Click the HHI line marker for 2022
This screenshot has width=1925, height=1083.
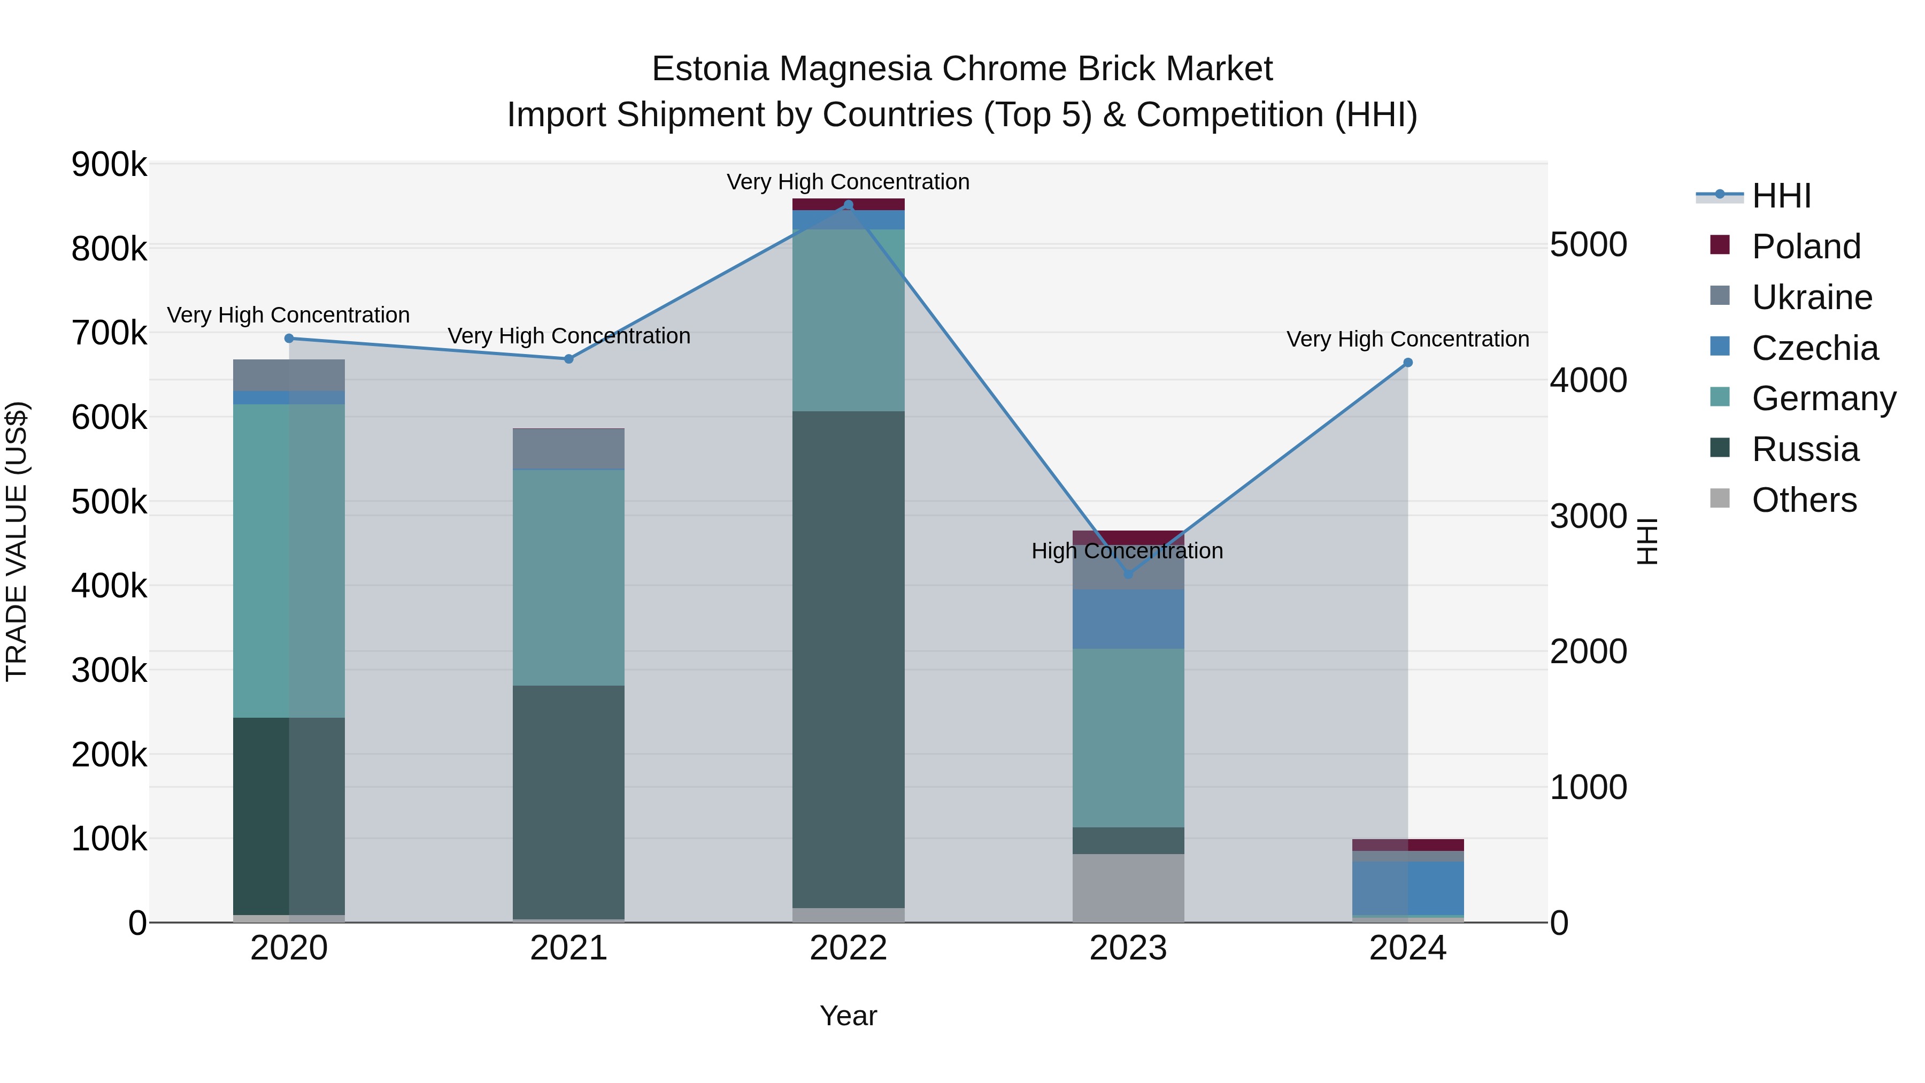(x=848, y=205)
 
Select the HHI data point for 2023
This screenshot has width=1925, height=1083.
(x=1128, y=574)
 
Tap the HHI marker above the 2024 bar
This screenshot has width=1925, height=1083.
(x=1408, y=363)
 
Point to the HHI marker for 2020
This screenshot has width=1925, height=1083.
(x=289, y=339)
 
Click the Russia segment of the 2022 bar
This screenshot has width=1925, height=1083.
(x=848, y=658)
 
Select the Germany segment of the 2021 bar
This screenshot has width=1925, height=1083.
(x=569, y=577)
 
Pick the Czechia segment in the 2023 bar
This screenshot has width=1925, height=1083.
(x=1128, y=619)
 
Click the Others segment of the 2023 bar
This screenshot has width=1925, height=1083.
(x=1128, y=888)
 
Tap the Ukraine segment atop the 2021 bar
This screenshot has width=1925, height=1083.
(x=569, y=449)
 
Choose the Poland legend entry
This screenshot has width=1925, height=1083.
(x=1805, y=247)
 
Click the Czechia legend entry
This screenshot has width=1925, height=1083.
(x=1814, y=348)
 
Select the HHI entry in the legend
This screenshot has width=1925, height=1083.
(x=1781, y=196)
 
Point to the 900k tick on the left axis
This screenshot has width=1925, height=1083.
(x=109, y=164)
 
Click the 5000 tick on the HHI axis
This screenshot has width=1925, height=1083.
(x=1589, y=244)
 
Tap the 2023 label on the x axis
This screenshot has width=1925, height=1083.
(x=1128, y=948)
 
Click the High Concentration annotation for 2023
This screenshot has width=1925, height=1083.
(x=1127, y=551)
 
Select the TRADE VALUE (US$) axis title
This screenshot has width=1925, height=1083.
(x=17, y=541)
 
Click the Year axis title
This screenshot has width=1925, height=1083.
(x=848, y=1016)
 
